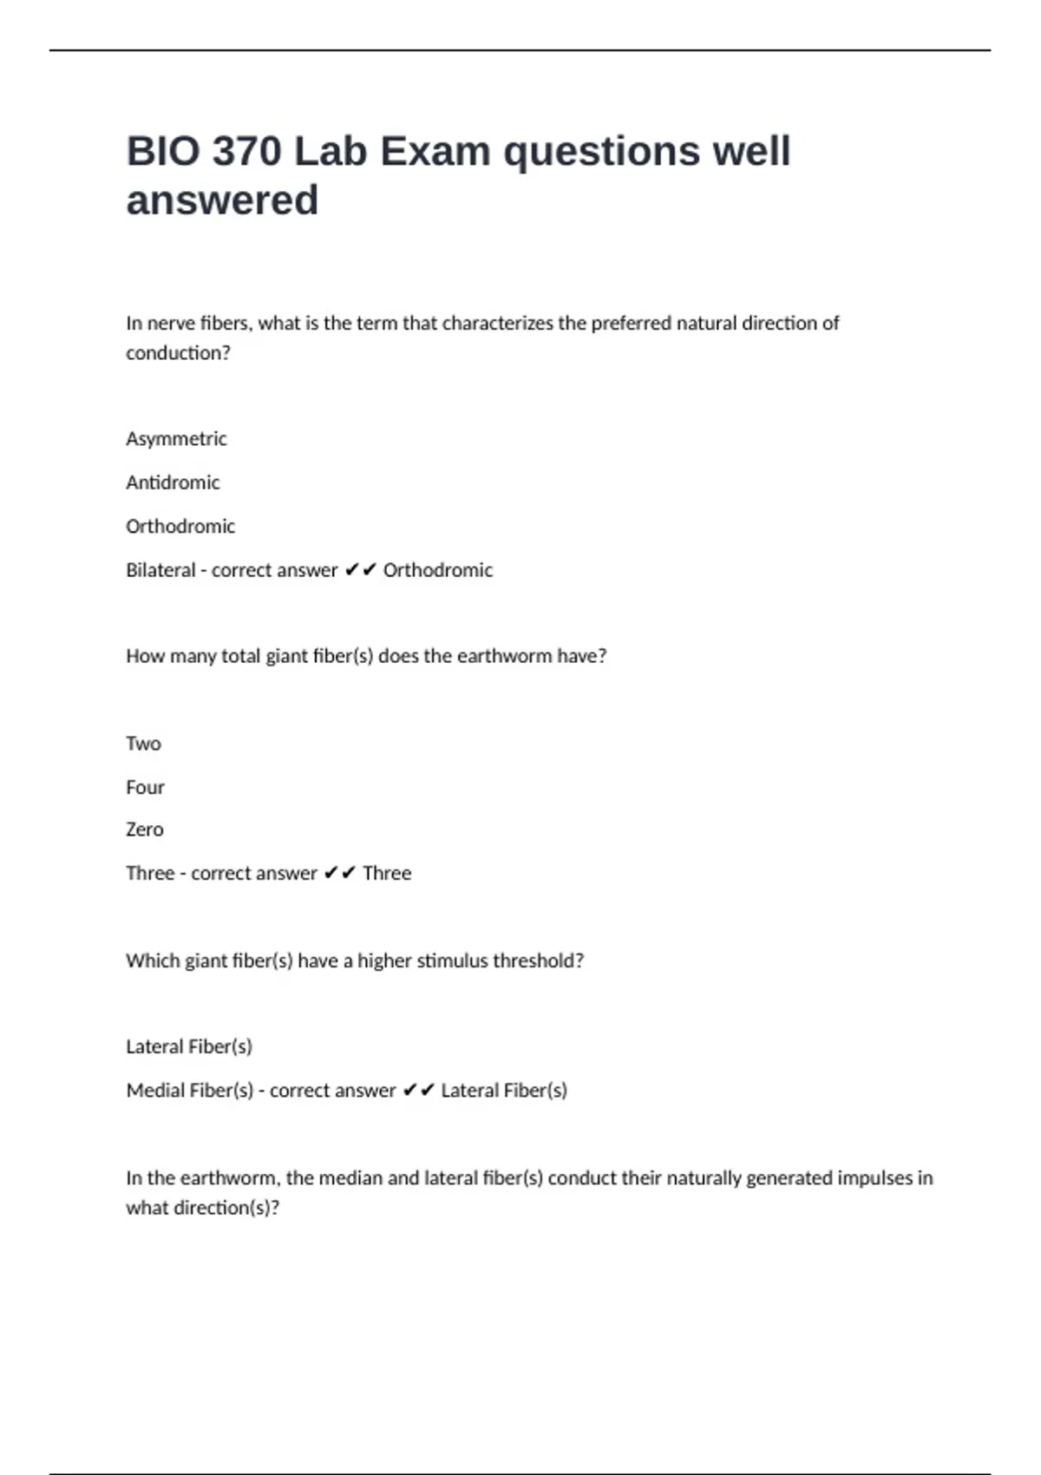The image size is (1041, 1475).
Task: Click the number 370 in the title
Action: (x=247, y=152)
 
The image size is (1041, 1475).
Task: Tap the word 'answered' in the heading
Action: (x=222, y=200)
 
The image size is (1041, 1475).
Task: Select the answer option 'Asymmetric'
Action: (x=176, y=439)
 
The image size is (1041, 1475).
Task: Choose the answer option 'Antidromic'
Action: (x=173, y=482)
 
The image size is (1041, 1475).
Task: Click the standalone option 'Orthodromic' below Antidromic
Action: (x=180, y=527)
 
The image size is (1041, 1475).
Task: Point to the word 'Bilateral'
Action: (x=160, y=570)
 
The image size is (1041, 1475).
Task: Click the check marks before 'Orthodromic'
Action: (x=360, y=570)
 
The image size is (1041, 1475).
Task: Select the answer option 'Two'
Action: (x=143, y=744)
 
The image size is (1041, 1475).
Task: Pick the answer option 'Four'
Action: (x=145, y=787)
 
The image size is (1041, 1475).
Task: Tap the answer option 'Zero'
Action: (x=144, y=829)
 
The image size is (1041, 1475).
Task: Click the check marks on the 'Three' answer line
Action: (x=339, y=873)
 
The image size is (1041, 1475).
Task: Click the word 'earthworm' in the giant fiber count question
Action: (x=504, y=656)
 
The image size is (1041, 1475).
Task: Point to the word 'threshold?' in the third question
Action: (x=543, y=960)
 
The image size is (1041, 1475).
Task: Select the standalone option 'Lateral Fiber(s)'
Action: (x=189, y=1046)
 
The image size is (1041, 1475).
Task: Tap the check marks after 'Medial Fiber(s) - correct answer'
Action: (x=418, y=1091)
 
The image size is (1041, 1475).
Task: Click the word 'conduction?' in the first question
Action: (x=178, y=353)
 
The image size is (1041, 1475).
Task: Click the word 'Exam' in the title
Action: (x=435, y=152)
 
